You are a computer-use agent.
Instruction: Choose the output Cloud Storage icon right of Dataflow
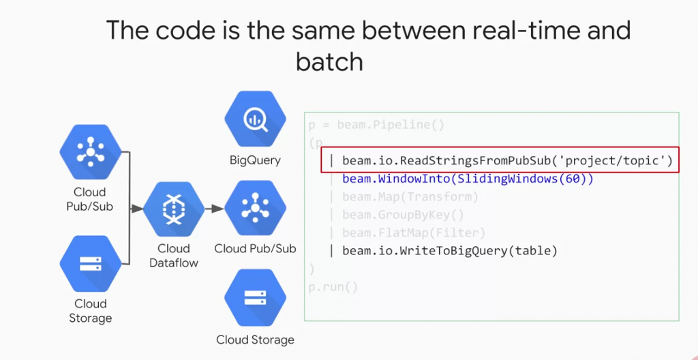click(x=254, y=297)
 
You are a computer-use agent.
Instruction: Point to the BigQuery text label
click(x=254, y=161)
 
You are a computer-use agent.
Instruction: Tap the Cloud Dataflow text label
click(x=174, y=255)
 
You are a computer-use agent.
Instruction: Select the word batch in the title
click(x=329, y=62)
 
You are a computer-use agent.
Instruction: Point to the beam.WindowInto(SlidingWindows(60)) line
click(x=468, y=179)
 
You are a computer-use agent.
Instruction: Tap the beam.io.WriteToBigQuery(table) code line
click(x=450, y=251)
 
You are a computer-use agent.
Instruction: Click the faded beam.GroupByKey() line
click(x=403, y=215)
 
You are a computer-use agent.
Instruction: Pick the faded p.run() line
click(x=333, y=287)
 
